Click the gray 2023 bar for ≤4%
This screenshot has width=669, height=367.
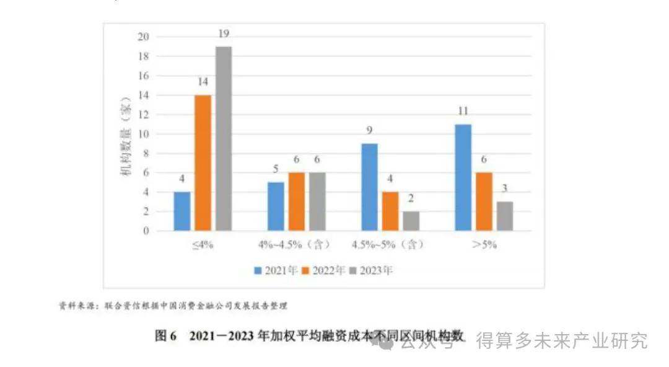(x=224, y=139)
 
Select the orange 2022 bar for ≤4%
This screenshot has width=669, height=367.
(x=203, y=163)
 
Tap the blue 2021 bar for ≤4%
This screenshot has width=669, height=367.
(x=182, y=211)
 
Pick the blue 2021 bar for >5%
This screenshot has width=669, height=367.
(x=463, y=177)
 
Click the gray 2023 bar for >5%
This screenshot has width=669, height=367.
(x=504, y=216)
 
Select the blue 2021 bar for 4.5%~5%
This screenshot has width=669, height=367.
(x=370, y=187)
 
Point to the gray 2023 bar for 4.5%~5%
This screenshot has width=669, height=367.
(x=411, y=221)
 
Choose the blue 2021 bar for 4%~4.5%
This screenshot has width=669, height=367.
(x=276, y=206)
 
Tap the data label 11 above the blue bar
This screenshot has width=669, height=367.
(x=463, y=112)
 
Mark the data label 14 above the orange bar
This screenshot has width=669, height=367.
(x=203, y=82)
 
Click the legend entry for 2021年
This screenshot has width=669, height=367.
(x=276, y=270)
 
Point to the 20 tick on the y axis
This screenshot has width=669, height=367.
(x=143, y=37)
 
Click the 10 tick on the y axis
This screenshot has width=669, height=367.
(x=143, y=134)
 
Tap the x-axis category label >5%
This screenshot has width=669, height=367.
(x=484, y=245)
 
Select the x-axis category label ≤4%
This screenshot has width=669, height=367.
(x=203, y=245)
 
